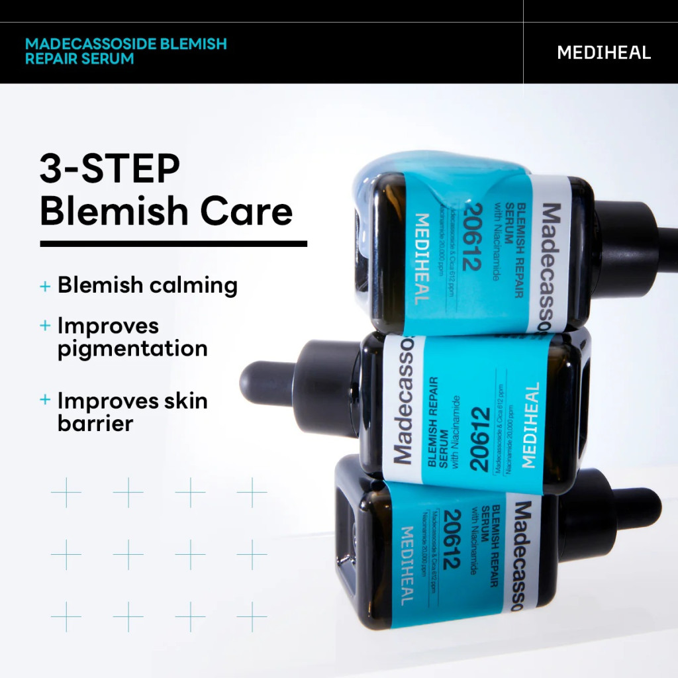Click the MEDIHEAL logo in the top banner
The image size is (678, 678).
tap(604, 53)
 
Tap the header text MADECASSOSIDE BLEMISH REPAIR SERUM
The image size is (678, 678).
tap(126, 51)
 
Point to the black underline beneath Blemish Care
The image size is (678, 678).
tap(173, 244)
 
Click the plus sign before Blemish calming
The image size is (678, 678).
tap(45, 286)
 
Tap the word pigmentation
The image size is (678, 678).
tap(132, 348)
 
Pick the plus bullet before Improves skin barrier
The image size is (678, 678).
tap(45, 400)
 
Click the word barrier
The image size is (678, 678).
tap(95, 423)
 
